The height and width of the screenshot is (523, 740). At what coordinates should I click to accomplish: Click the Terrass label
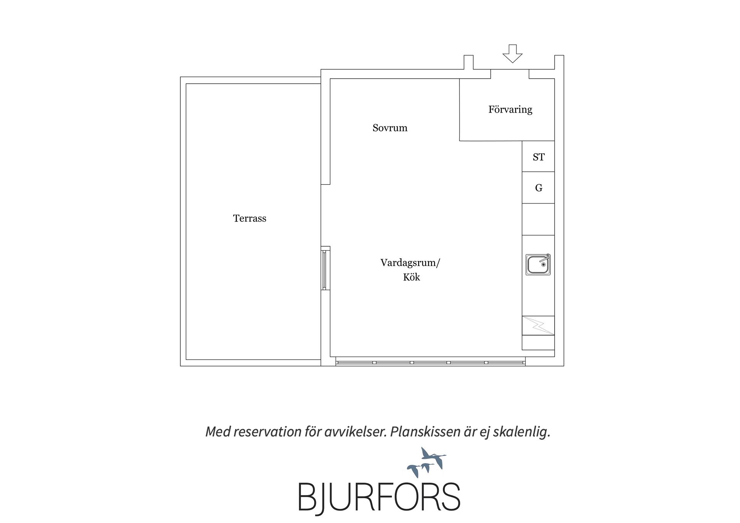[x=249, y=219]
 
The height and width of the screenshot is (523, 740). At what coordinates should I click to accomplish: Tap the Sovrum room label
[x=390, y=128]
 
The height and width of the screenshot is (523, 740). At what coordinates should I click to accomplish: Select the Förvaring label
[x=510, y=110]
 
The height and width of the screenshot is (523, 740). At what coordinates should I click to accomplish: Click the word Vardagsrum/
[x=410, y=263]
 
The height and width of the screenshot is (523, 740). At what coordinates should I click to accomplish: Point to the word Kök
[x=411, y=277]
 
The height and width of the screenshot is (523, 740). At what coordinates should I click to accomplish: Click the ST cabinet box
[x=538, y=156]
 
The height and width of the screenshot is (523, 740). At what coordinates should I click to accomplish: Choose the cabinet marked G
[x=538, y=188]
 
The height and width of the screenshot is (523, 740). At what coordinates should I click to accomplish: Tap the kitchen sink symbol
[x=538, y=264]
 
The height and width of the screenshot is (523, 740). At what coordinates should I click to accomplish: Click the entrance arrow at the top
[x=512, y=54]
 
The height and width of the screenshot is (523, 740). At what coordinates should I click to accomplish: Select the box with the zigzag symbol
[x=538, y=326]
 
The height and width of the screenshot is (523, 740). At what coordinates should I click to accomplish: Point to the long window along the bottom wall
[x=430, y=362]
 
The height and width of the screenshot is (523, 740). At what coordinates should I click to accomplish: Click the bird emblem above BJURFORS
[x=427, y=462]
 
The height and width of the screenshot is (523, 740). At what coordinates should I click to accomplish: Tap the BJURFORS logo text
[x=379, y=497]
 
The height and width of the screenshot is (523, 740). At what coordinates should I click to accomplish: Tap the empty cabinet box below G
[x=538, y=219]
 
